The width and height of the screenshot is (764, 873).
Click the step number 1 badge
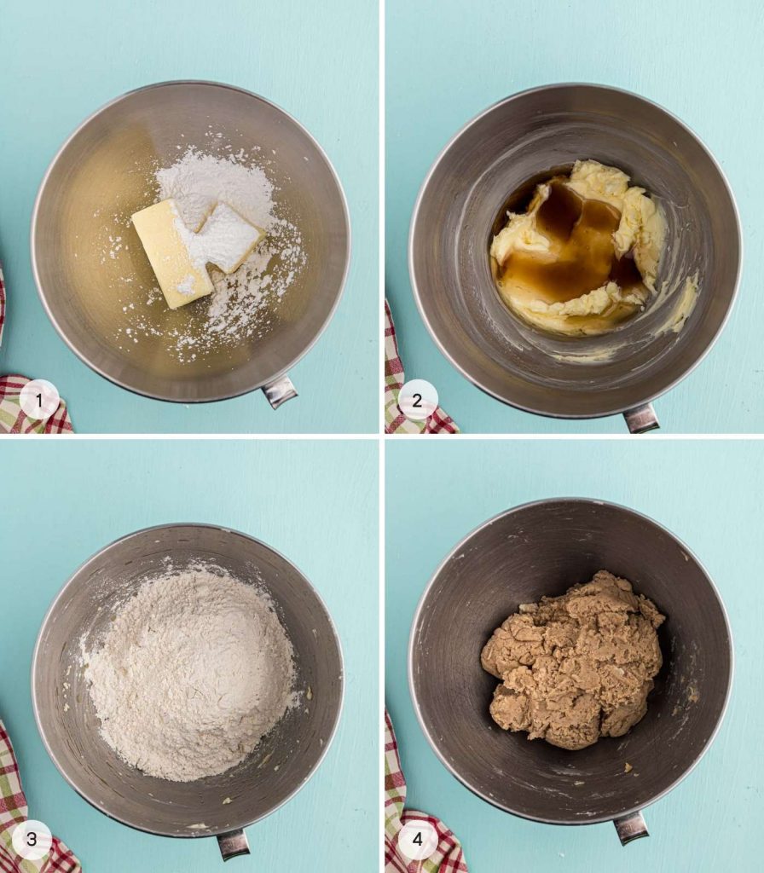coord(39,399)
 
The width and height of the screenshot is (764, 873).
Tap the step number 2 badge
coord(418,400)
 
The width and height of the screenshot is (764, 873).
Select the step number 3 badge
coord(32,839)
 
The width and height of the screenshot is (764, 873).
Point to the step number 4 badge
coord(418,839)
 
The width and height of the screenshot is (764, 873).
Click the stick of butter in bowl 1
coord(172,254)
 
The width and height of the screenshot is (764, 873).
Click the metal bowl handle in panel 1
coord(279,390)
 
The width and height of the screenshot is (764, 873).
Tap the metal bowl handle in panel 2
coord(641,418)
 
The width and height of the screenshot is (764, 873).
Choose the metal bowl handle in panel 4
coord(631,827)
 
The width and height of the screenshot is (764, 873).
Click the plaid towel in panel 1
coord(31,398)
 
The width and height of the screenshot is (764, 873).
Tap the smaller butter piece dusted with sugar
coord(231,237)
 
